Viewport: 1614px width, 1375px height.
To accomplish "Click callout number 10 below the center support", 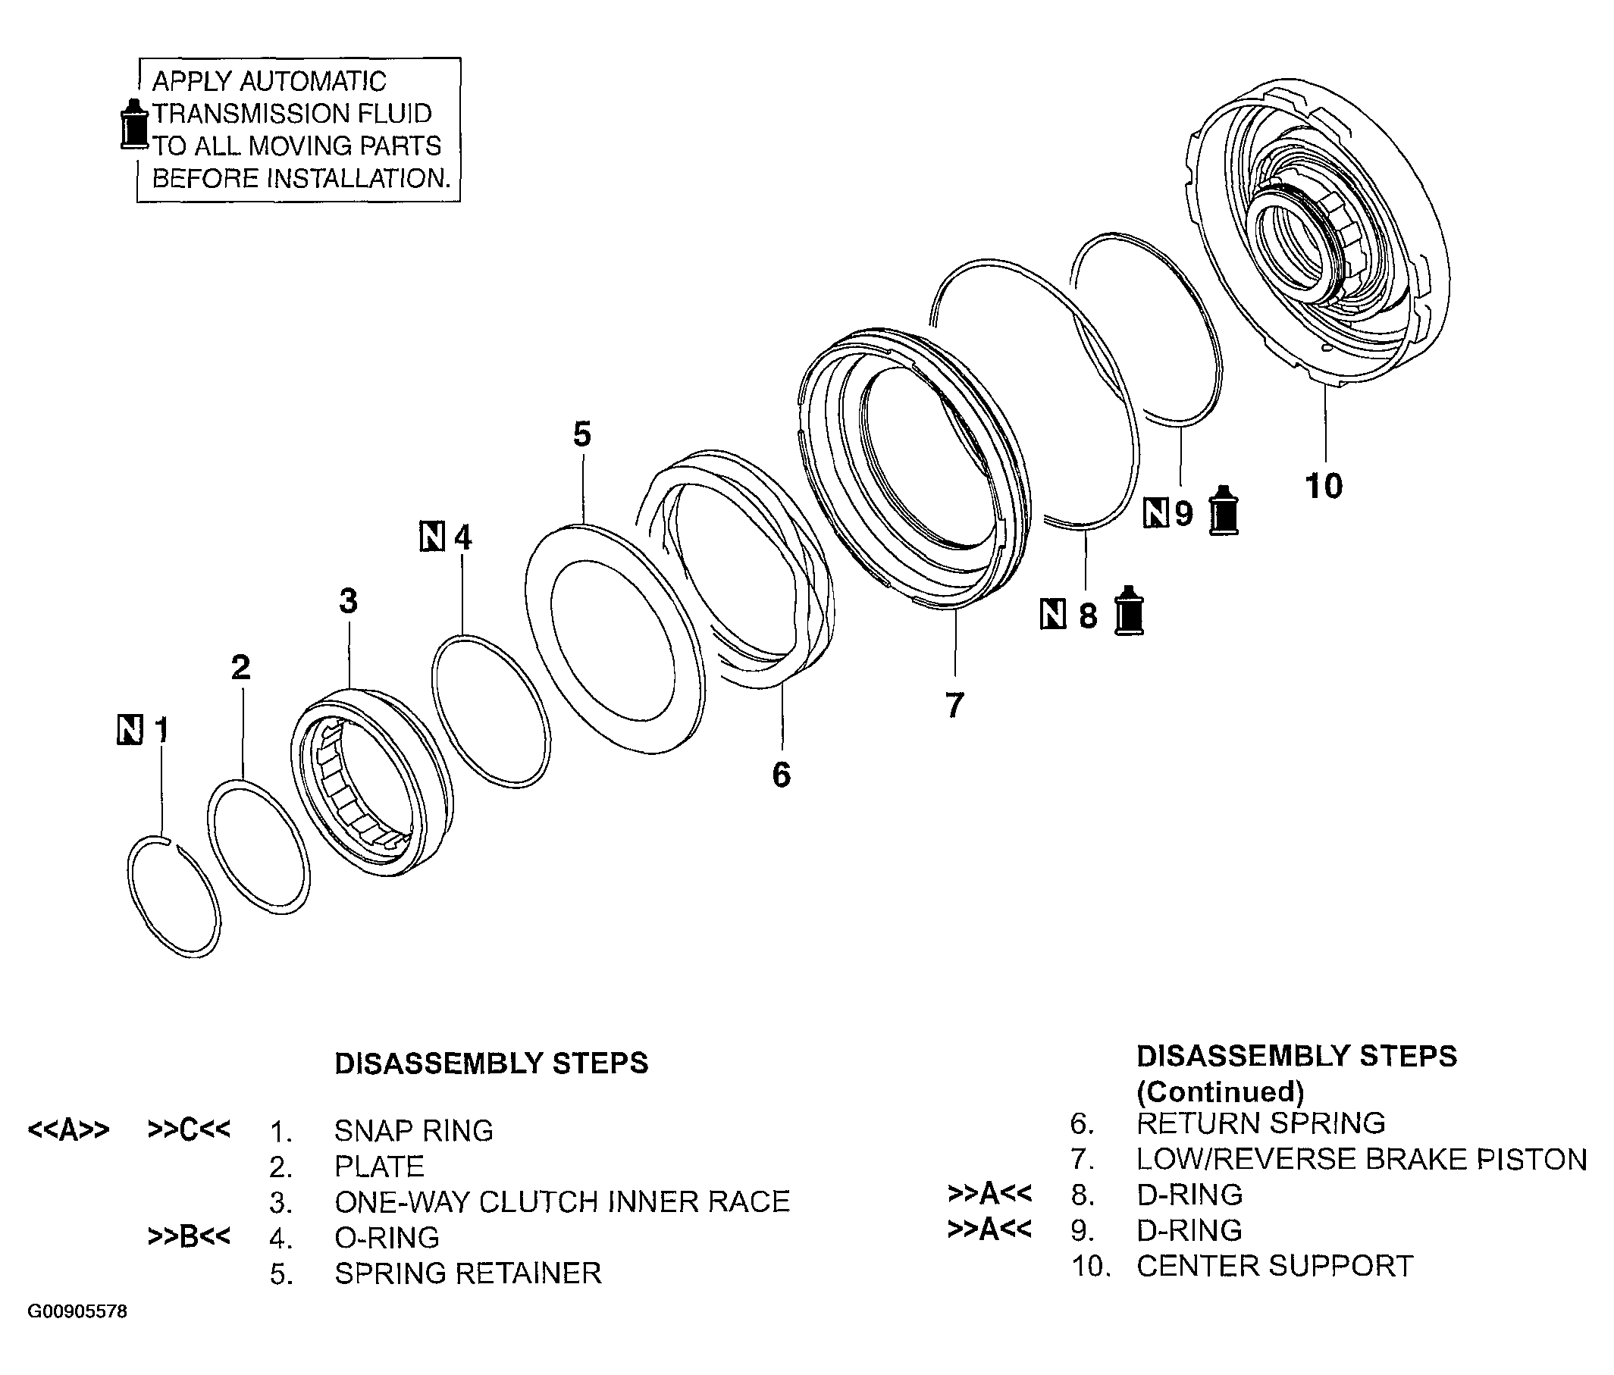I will [1324, 486].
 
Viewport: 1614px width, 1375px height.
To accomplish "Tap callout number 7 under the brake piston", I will [955, 704].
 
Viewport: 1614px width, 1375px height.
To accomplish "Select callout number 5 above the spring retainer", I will [582, 434].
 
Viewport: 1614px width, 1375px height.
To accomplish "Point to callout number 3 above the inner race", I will [348, 601].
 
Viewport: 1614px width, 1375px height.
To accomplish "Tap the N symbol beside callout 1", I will [130, 729].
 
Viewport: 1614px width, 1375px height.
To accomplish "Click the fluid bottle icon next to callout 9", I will [1223, 510].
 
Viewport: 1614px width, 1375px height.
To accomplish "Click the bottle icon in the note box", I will [134, 124].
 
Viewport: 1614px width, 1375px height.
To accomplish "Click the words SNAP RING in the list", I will [414, 1130].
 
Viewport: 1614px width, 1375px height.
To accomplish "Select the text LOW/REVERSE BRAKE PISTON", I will [1361, 1159].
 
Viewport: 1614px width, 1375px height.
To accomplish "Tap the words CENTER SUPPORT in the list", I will [1274, 1266].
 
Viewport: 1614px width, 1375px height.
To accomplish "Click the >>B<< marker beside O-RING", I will [190, 1237].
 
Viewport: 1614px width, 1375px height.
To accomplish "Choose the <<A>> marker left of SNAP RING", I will [68, 1130].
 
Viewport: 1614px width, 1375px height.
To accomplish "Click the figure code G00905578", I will [77, 1311].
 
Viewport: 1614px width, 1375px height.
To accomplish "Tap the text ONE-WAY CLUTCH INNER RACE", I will [562, 1202].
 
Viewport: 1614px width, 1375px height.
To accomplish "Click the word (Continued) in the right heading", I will [1220, 1092].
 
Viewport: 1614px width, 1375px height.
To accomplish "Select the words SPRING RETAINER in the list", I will [468, 1273].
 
